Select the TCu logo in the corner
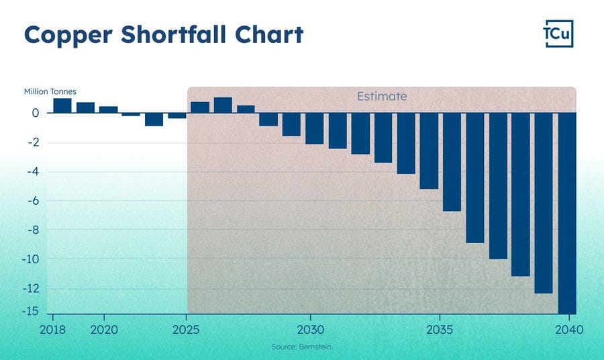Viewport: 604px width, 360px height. click(x=558, y=34)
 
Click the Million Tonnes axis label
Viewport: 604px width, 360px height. click(x=50, y=91)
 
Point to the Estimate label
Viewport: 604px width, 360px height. click(x=381, y=96)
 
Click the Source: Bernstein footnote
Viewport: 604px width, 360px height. click(x=301, y=347)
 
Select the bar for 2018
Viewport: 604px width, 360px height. click(x=62, y=105)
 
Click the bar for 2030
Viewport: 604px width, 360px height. click(x=314, y=128)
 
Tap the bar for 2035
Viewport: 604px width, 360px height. click(x=429, y=150)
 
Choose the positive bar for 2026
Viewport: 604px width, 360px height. click(x=223, y=105)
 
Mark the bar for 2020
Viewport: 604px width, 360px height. click(x=108, y=109)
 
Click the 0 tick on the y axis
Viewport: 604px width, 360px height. click(x=36, y=113)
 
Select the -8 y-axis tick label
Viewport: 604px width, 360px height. click(x=32, y=230)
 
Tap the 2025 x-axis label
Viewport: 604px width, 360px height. click(x=186, y=330)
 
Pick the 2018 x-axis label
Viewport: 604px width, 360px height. click(x=53, y=330)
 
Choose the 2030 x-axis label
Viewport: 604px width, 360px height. click(x=310, y=330)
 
